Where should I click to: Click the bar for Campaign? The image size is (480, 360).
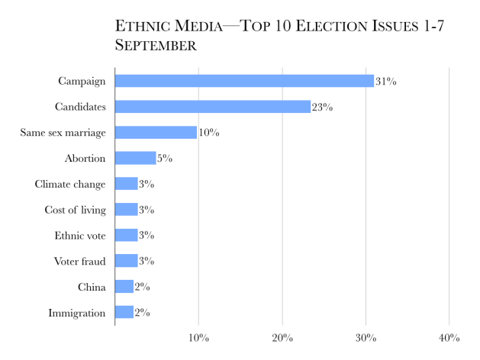click(x=244, y=81)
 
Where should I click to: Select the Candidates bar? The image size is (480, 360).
click(x=212, y=107)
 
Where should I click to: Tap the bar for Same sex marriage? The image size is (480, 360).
click(x=156, y=133)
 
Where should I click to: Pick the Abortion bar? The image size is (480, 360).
click(x=135, y=158)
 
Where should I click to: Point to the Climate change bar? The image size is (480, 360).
click(x=126, y=184)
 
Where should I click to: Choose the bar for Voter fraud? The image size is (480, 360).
click(x=126, y=261)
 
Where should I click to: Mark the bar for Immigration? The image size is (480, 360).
click(x=124, y=312)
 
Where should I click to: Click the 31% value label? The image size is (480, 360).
click(x=385, y=82)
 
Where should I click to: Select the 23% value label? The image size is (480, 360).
click(x=322, y=108)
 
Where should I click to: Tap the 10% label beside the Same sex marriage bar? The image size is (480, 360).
click(x=208, y=133)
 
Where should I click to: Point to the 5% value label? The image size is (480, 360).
click(x=165, y=159)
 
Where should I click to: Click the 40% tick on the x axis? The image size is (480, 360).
click(x=449, y=338)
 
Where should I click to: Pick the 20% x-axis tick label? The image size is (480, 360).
click(x=282, y=338)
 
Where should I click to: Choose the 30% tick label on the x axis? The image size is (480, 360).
click(x=366, y=338)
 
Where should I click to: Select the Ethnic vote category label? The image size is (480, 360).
click(x=80, y=236)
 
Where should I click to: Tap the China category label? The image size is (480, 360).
click(x=92, y=287)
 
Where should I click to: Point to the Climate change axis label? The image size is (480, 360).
click(x=70, y=184)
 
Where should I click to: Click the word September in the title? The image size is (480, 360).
click(x=156, y=46)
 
